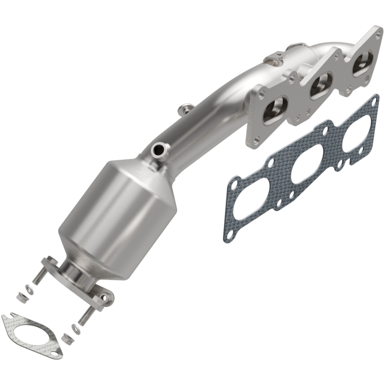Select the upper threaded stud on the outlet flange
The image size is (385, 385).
tap(39, 276)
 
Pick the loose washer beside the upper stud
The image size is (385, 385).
tap(30, 290)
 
